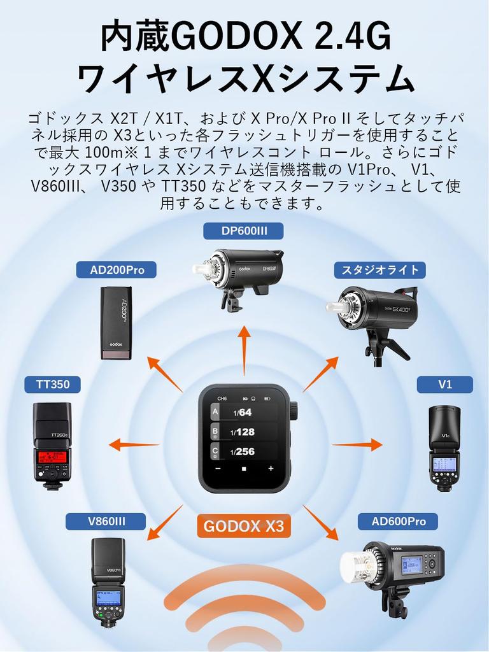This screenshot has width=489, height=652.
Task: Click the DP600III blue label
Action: tap(243, 231)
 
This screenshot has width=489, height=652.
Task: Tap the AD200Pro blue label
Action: tap(117, 270)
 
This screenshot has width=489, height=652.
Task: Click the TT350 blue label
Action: tap(53, 385)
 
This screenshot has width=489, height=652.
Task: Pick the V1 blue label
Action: tap(444, 385)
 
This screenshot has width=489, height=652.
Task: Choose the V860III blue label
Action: tap(106, 522)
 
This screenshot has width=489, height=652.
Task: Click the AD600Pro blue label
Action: tap(399, 522)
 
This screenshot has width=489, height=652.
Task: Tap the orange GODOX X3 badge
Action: tap(244, 527)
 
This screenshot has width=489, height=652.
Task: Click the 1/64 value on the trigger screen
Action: tap(243, 412)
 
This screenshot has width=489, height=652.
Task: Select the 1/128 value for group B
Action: tap(243, 432)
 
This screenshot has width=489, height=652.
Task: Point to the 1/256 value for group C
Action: tap(243, 451)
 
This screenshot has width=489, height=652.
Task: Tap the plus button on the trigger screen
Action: tap(271, 469)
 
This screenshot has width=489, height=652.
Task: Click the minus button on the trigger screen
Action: tap(218, 469)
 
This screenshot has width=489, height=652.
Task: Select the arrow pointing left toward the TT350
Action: tap(134, 444)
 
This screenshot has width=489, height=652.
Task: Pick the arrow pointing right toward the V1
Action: tap(357, 444)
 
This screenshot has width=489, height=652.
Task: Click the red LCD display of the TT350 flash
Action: tap(53, 456)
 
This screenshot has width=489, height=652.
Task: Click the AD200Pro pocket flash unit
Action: tap(117, 323)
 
